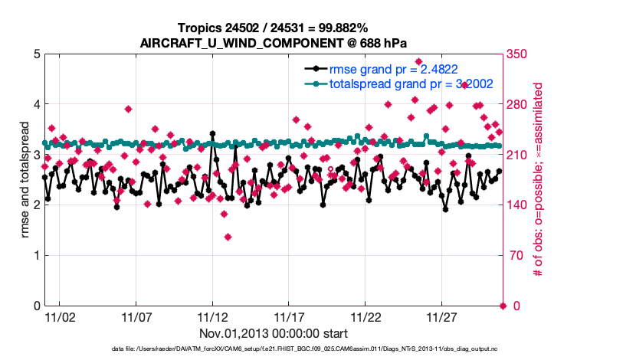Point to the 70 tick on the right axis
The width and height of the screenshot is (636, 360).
point(513,256)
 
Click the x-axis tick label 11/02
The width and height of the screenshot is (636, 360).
point(59,316)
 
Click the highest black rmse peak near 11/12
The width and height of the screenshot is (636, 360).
point(212,133)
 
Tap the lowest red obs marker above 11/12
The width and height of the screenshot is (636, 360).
point(228,237)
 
